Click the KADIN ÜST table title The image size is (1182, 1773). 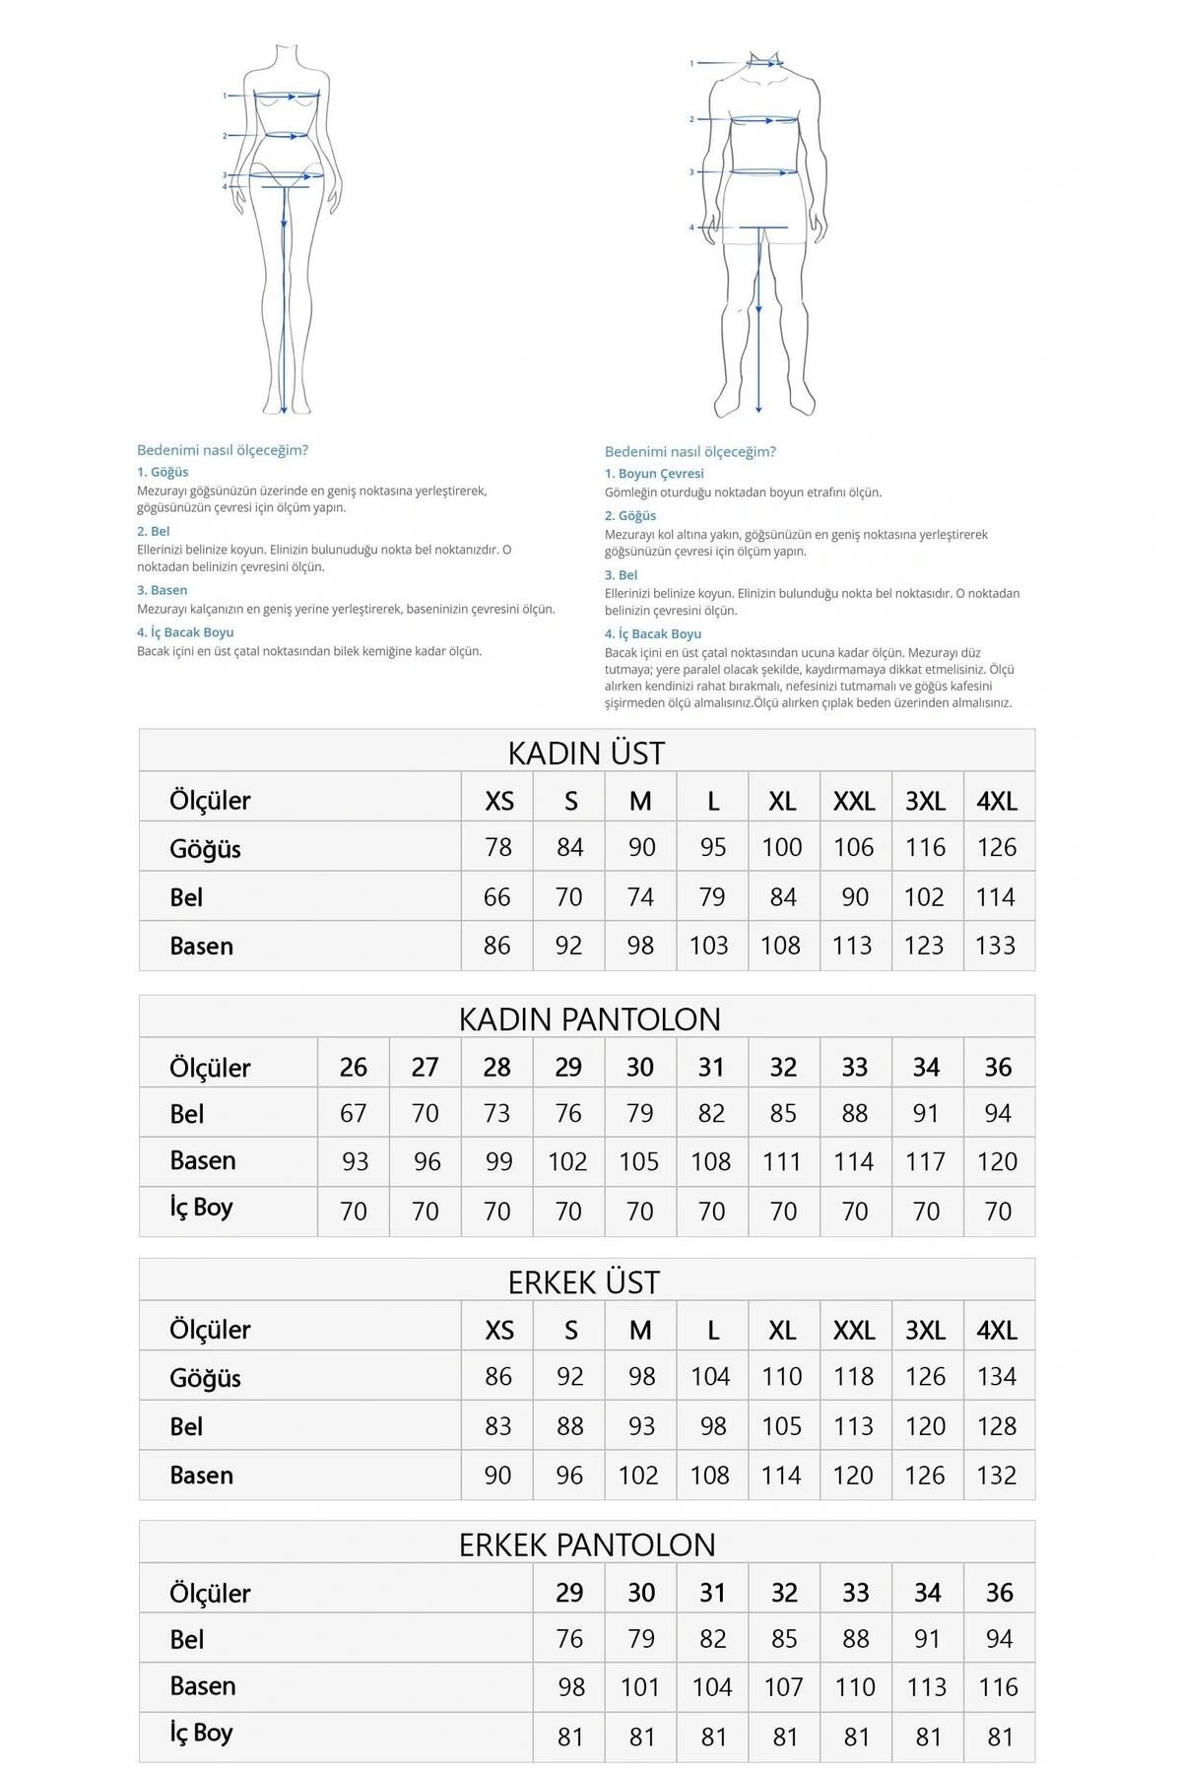[586, 754]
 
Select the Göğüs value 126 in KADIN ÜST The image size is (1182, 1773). [997, 847]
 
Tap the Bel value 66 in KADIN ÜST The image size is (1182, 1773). [497, 897]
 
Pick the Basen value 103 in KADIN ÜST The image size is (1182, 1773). [709, 946]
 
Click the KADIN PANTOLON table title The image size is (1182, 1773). [589, 1018]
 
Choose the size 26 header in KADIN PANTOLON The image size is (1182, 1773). [354, 1067]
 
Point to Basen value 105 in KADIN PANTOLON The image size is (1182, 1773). [639, 1162]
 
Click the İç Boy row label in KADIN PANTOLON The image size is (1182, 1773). [201, 1208]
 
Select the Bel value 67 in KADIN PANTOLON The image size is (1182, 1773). [354, 1114]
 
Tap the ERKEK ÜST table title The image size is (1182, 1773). [584, 1282]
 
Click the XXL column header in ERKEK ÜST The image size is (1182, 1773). [854, 1331]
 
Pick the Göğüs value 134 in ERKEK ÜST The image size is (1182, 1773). [997, 1377]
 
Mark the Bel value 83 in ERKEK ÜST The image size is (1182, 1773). [497, 1426]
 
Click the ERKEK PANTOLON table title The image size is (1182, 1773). [587, 1544]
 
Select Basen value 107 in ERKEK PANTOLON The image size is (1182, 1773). [784, 1687]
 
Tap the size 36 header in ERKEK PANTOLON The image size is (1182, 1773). [1000, 1593]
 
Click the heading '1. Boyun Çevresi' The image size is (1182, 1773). [654, 474]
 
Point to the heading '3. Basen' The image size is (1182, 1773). [162, 590]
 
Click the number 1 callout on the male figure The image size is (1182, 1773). [691, 63]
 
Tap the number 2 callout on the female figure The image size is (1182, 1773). [225, 136]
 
